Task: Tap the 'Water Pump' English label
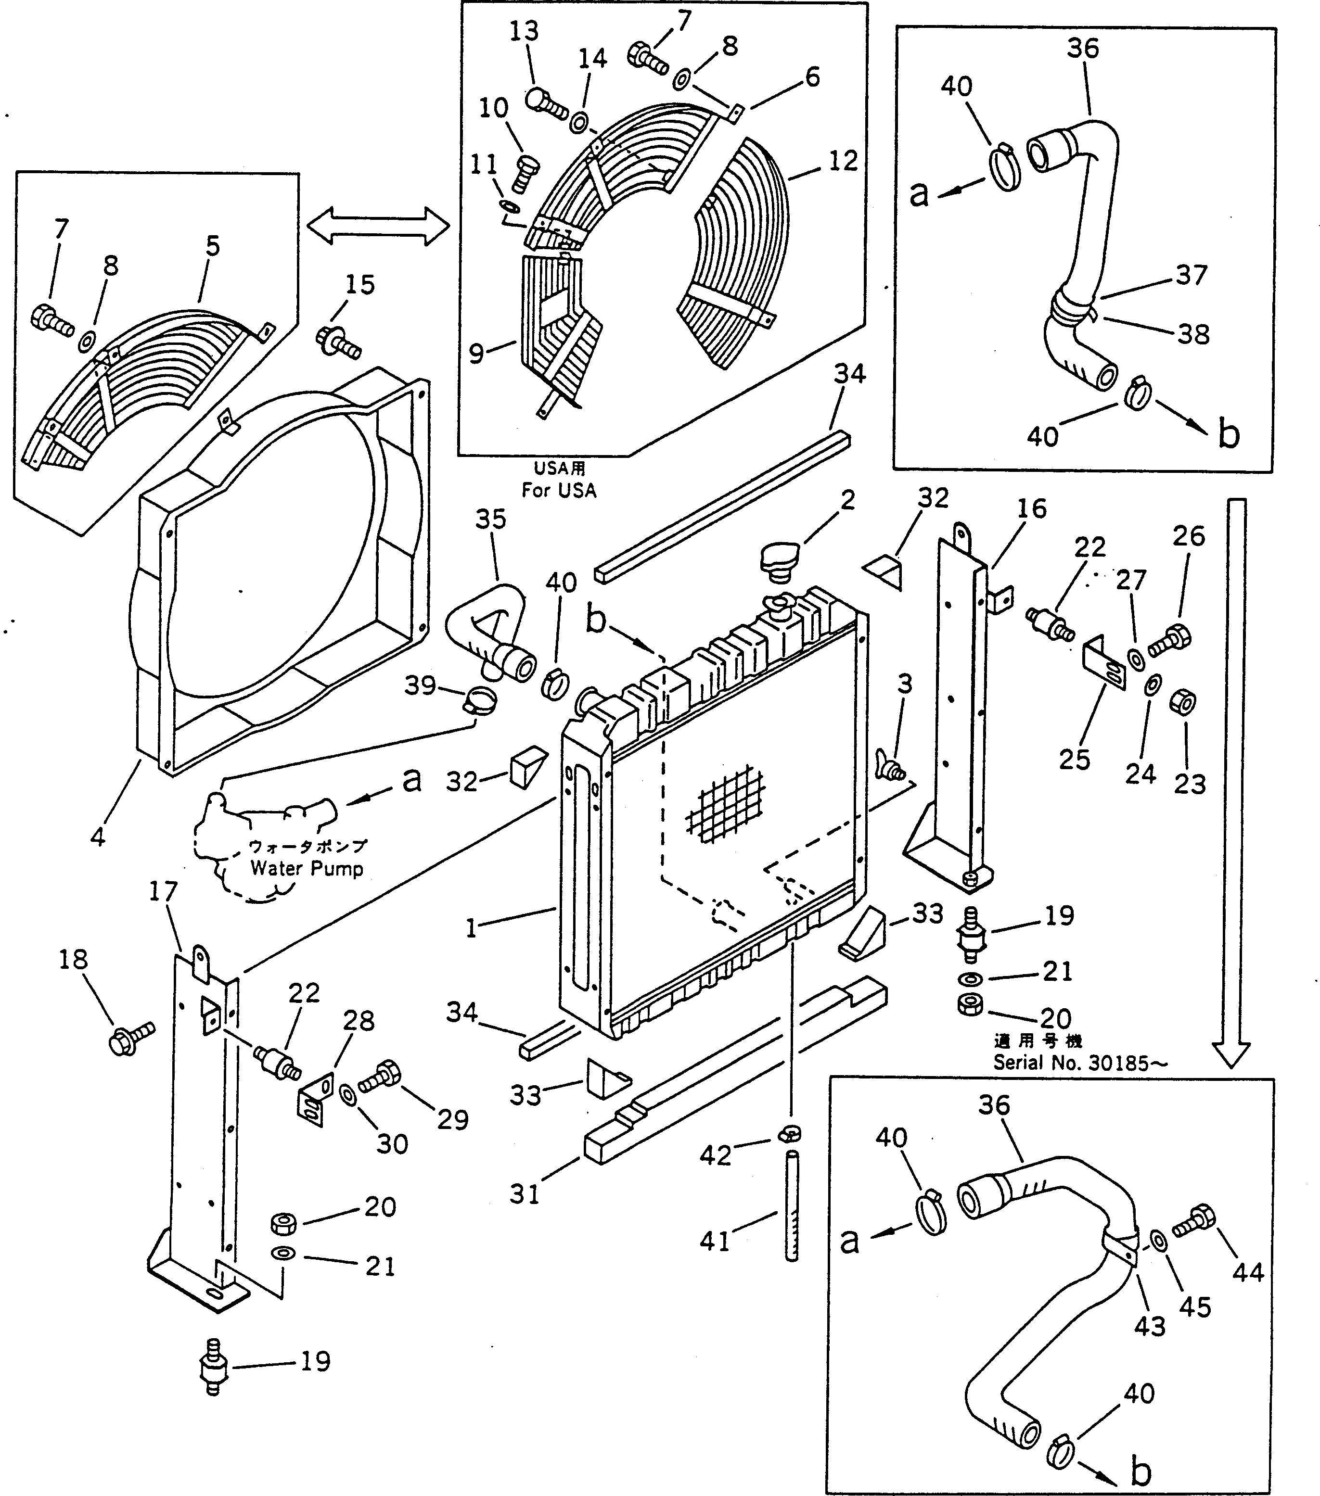coord(307,869)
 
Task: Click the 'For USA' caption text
coord(559,490)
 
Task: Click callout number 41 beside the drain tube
coord(715,1241)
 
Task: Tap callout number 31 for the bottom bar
coord(524,1194)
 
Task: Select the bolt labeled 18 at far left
coord(130,1038)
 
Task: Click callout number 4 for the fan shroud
coord(97,837)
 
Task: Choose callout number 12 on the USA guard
coord(843,160)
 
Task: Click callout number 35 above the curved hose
coord(490,519)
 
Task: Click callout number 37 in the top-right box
coord(1191,275)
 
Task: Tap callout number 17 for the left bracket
coord(163,891)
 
